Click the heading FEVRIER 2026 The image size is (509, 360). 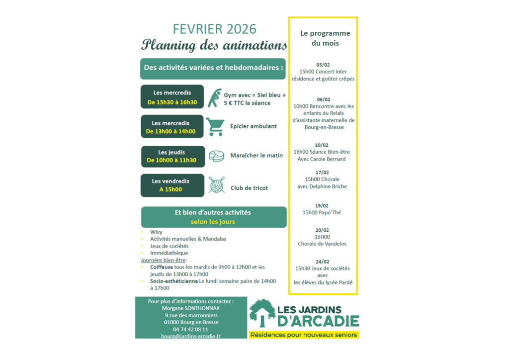tap(215, 29)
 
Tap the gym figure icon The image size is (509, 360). tap(215, 98)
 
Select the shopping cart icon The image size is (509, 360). tap(214, 126)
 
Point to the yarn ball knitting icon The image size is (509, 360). tap(216, 185)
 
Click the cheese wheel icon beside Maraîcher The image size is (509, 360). tap(216, 156)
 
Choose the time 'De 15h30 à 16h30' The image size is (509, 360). tap(172, 102)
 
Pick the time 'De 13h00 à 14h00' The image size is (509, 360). tap(170, 132)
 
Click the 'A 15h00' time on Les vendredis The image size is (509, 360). tap(170, 189)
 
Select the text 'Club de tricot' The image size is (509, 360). tap(249, 188)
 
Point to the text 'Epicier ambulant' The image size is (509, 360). tap(254, 126)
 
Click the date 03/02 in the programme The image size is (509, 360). tap(323, 65)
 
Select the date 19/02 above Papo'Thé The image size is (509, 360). tap(322, 205)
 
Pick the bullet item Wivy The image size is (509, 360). tap(156, 232)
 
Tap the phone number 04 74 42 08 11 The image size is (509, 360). tap(190, 329)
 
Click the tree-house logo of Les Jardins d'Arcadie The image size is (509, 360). tap(262, 313)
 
